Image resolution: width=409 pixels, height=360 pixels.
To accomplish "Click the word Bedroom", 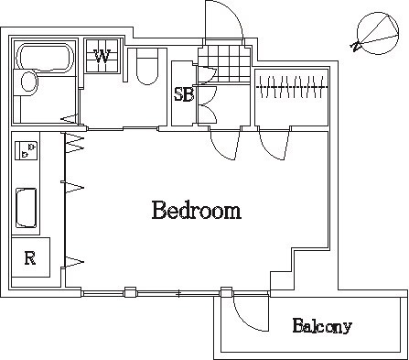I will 196,212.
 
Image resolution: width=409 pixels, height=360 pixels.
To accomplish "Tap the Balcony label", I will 322,326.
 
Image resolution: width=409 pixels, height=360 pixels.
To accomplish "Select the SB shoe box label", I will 182,94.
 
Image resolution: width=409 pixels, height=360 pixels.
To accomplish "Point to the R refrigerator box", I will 29,258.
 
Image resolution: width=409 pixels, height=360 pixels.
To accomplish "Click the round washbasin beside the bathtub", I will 29,85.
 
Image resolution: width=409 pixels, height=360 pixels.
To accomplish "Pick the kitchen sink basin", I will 27,209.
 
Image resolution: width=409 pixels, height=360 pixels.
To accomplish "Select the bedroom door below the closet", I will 273,141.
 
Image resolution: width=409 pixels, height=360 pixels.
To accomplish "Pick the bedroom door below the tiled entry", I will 224,142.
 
